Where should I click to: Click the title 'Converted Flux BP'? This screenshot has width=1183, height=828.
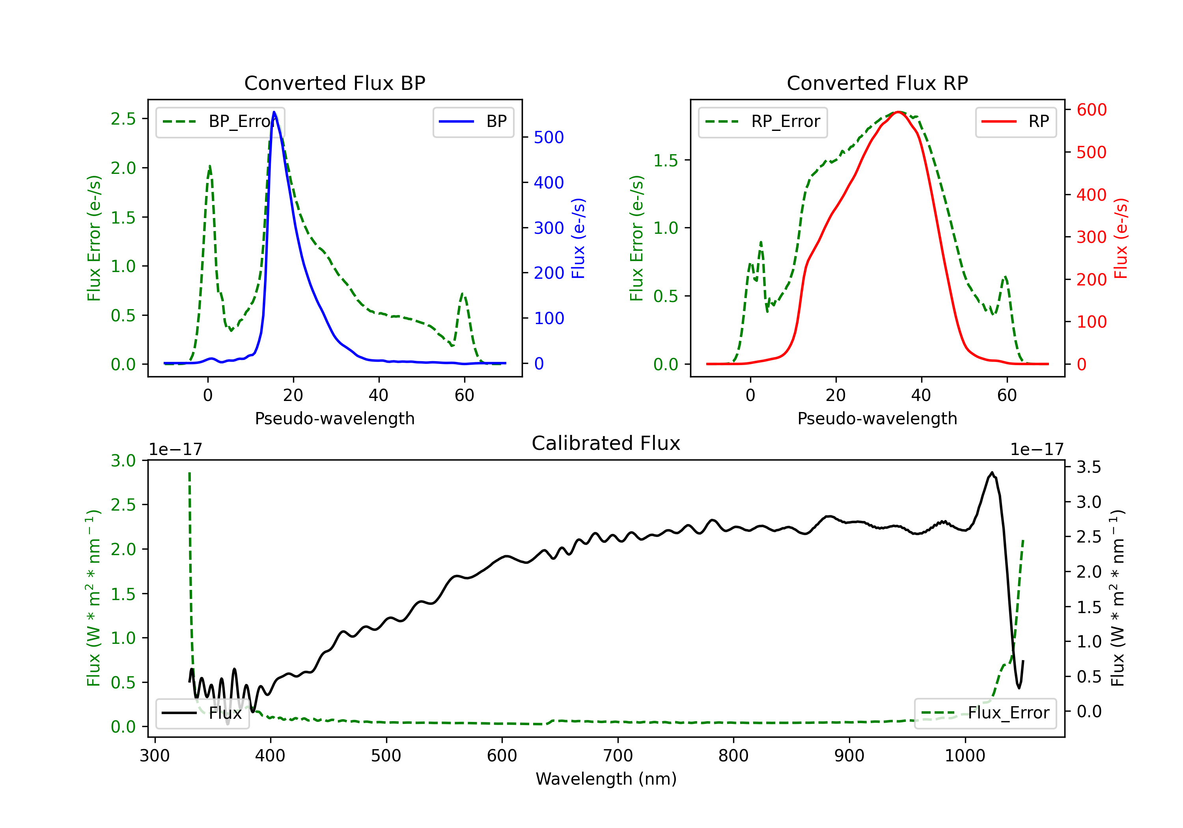pyautogui.click(x=334, y=83)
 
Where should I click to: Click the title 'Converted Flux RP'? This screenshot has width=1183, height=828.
pyautogui.click(x=877, y=83)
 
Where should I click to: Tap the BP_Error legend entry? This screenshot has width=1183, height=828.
pyautogui.click(x=220, y=121)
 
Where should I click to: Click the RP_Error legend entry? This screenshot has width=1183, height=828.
pyautogui.click(x=763, y=121)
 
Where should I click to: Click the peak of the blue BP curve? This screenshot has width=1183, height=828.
pyautogui.click(x=274, y=112)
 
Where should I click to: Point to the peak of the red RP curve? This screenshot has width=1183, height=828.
pyautogui.click(x=898, y=112)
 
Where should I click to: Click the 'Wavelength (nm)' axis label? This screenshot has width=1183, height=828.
pyautogui.click(x=606, y=779)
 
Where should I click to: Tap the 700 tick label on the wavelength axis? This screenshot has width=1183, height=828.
pyautogui.click(x=618, y=755)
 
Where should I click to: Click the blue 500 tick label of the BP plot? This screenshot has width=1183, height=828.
pyautogui.click(x=549, y=137)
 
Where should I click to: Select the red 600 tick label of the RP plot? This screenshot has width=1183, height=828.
pyautogui.click(x=1091, y=110)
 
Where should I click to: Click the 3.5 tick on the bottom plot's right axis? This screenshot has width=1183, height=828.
pyautogui.click(x=1088, y=467)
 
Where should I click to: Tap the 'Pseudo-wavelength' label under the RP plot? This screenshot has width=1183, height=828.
pyautogui.click(x=877, y=418)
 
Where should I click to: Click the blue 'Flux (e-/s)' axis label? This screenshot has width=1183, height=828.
pyautogui.click(x=578, y=238)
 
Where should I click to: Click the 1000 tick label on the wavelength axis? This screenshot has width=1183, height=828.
pyautogui.click(x=965, y=755)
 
